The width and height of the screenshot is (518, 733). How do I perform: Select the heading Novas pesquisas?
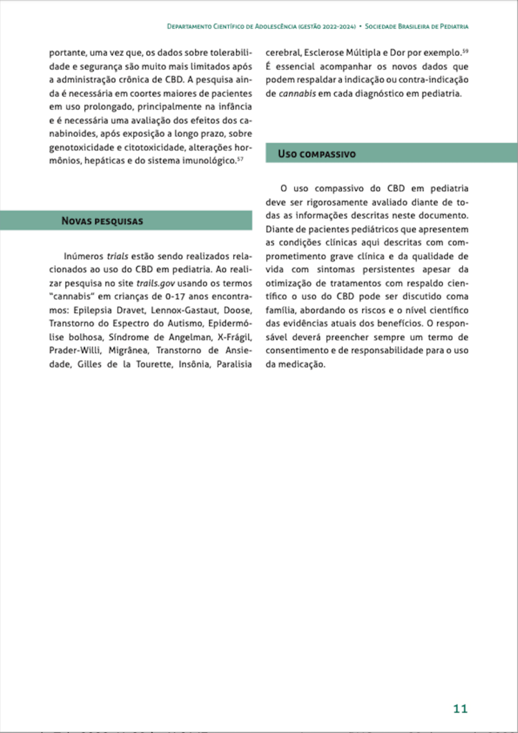point(102,220)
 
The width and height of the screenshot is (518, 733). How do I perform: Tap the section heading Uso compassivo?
point(316,154)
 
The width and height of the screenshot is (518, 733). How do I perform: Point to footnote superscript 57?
point(240,158)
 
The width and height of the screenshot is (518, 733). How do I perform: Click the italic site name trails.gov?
point(156,283)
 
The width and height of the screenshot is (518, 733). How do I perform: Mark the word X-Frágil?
point(235,337)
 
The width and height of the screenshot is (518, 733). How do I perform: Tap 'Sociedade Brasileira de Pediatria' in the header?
point(416,26)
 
